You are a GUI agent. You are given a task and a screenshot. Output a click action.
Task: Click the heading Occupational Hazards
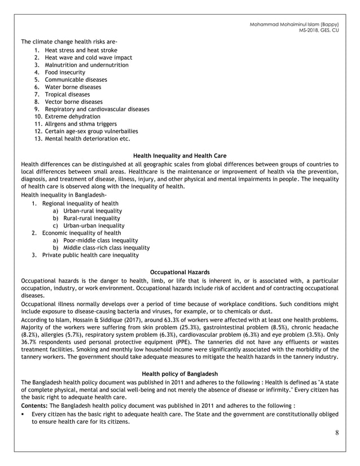(x=179, y=271)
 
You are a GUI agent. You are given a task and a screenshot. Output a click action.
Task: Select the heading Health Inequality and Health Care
(x=179, y=155)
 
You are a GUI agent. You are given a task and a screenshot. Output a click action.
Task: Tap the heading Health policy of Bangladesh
(x=179, y=373)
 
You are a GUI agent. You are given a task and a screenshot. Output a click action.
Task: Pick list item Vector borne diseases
(x=73, y=102)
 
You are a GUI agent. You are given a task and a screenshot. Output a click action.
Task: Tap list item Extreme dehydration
(x=72, y=116)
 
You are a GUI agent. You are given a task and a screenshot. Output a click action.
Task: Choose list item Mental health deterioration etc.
(x=87, y=138)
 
